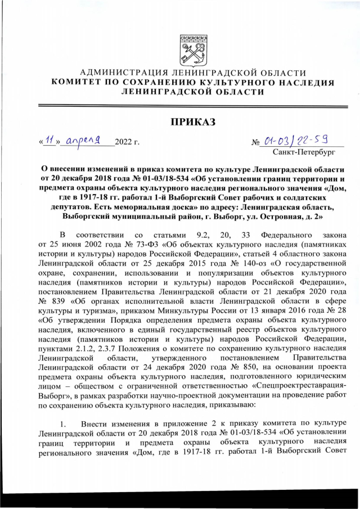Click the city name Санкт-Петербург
pos(303,151)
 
